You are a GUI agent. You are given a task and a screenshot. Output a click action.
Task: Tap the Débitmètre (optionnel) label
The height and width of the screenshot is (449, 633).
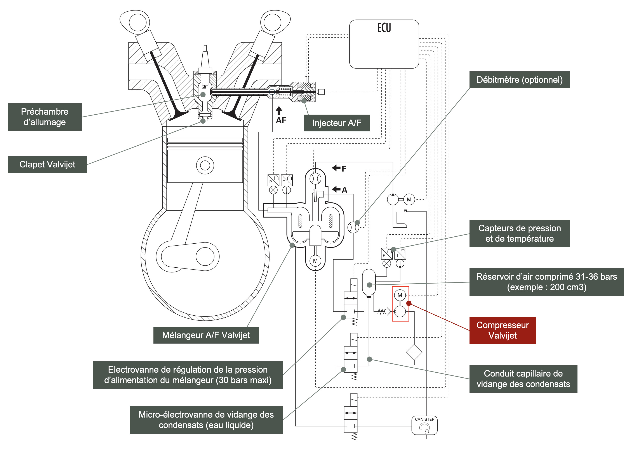tap(519, 80)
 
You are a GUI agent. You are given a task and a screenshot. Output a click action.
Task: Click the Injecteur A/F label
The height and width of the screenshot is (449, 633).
tap(337, 123)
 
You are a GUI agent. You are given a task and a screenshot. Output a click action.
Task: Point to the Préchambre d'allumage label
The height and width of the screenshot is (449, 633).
tap(45, 117)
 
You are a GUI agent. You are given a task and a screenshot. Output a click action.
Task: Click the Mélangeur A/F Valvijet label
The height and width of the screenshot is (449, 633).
tap(206, 335)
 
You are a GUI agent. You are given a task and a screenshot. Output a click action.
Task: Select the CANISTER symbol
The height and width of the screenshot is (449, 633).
tap(424, 425)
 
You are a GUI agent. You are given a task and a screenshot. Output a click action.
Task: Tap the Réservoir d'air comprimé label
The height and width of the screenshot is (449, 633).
tap(546, 282)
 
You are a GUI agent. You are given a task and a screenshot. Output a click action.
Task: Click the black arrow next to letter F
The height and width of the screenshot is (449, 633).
tap(336, 168)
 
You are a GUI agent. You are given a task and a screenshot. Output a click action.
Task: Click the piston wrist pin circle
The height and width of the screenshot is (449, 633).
tap(205, 165)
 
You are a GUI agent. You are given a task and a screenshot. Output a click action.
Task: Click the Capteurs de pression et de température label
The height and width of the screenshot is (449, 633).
tap(519, 233)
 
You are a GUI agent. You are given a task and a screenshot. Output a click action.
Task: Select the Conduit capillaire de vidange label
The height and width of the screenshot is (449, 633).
tap(523, 379)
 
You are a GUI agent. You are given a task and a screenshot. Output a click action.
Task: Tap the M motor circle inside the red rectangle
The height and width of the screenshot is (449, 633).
tap(400, 295)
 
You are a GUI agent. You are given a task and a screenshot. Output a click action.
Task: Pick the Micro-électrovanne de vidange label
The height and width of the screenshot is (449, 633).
tap(206, 420)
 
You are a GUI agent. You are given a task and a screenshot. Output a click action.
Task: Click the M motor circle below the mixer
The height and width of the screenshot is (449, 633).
tap(315, 261)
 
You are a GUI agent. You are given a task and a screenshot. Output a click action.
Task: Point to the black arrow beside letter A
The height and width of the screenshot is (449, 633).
tap(336, 189)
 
